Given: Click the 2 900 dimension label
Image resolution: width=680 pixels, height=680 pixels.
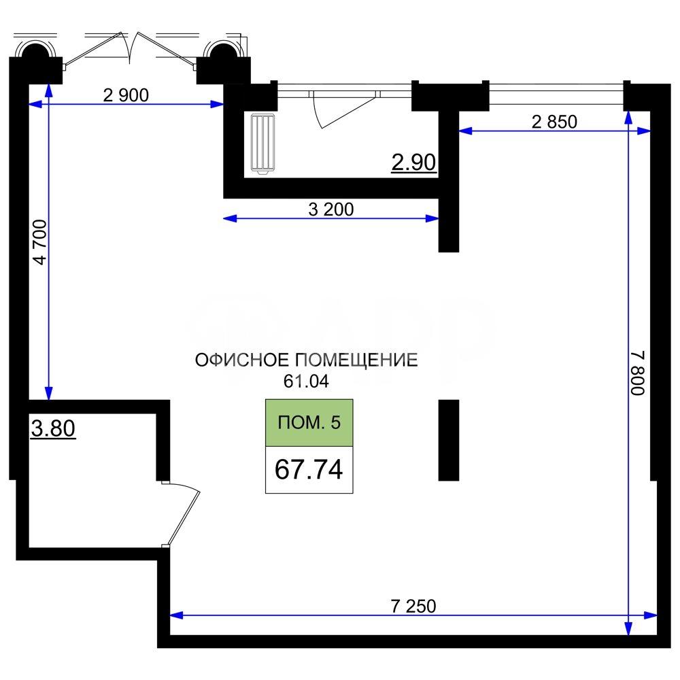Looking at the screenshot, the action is pyautogui.click(x=126, y=95).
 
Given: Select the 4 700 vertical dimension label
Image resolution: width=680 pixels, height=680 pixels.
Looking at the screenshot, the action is pyautogui.click(x=40, y=242).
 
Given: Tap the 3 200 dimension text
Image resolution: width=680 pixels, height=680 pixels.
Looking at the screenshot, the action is pyautogui.click(x=331, y=209).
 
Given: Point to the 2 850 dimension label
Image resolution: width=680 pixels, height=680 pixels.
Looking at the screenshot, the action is pyautogui.click(x=554, y=122).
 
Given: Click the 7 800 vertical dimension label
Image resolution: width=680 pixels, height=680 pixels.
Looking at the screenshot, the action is pyautogui.click(x=638, y=373).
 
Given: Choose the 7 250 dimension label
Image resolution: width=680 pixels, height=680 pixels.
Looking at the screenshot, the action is pyautogui.click(x=413, y=607).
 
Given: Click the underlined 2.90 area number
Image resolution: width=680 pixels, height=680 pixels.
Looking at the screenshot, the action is pyautogui.click(x=413, y=163).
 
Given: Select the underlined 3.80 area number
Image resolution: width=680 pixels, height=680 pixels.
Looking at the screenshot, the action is pyautogui.click(x=53, y=428).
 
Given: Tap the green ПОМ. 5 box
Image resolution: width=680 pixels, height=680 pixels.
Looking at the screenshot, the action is pyautogui.click(x=309, y=423).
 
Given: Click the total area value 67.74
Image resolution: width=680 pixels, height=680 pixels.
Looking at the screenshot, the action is pyautogui.click(x=309, y=469).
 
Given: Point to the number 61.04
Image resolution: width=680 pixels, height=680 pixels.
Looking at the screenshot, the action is pyautogui.click(x=306, y=381).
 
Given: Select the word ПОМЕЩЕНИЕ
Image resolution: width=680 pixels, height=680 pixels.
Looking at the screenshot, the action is pyautogui.click(x=356, y=360).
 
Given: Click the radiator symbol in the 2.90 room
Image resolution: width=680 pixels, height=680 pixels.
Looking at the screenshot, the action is pyautogui.click(x=262, y=144).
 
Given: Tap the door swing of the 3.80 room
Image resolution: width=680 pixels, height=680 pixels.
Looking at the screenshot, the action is pyautogui.click(x=182, y=513).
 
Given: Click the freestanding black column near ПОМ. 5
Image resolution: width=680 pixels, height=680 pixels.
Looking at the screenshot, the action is pyautogui.click(x=449, y=440).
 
